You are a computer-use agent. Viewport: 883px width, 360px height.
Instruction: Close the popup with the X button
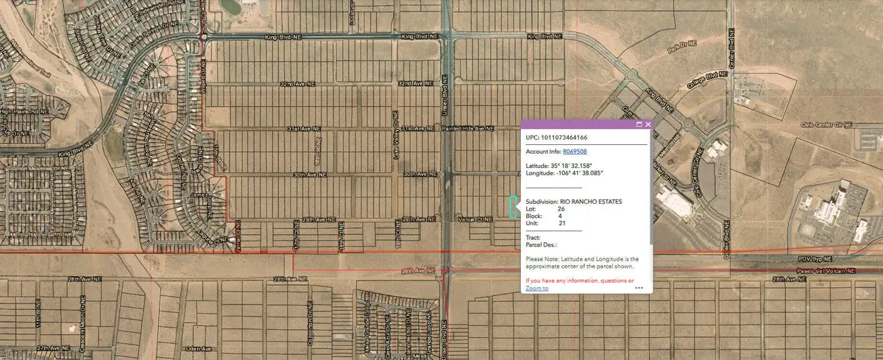648,125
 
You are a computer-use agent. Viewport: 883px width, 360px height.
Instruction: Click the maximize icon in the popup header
639,125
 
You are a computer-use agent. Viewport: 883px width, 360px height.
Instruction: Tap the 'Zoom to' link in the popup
537,289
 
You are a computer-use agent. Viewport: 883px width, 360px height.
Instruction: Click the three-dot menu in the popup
639,288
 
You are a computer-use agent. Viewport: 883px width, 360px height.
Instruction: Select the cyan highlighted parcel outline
512,207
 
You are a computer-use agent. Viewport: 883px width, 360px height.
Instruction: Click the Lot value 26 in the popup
561,209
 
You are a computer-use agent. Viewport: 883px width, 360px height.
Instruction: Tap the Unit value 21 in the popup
561,223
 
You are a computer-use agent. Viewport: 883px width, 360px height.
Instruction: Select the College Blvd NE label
703,76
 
